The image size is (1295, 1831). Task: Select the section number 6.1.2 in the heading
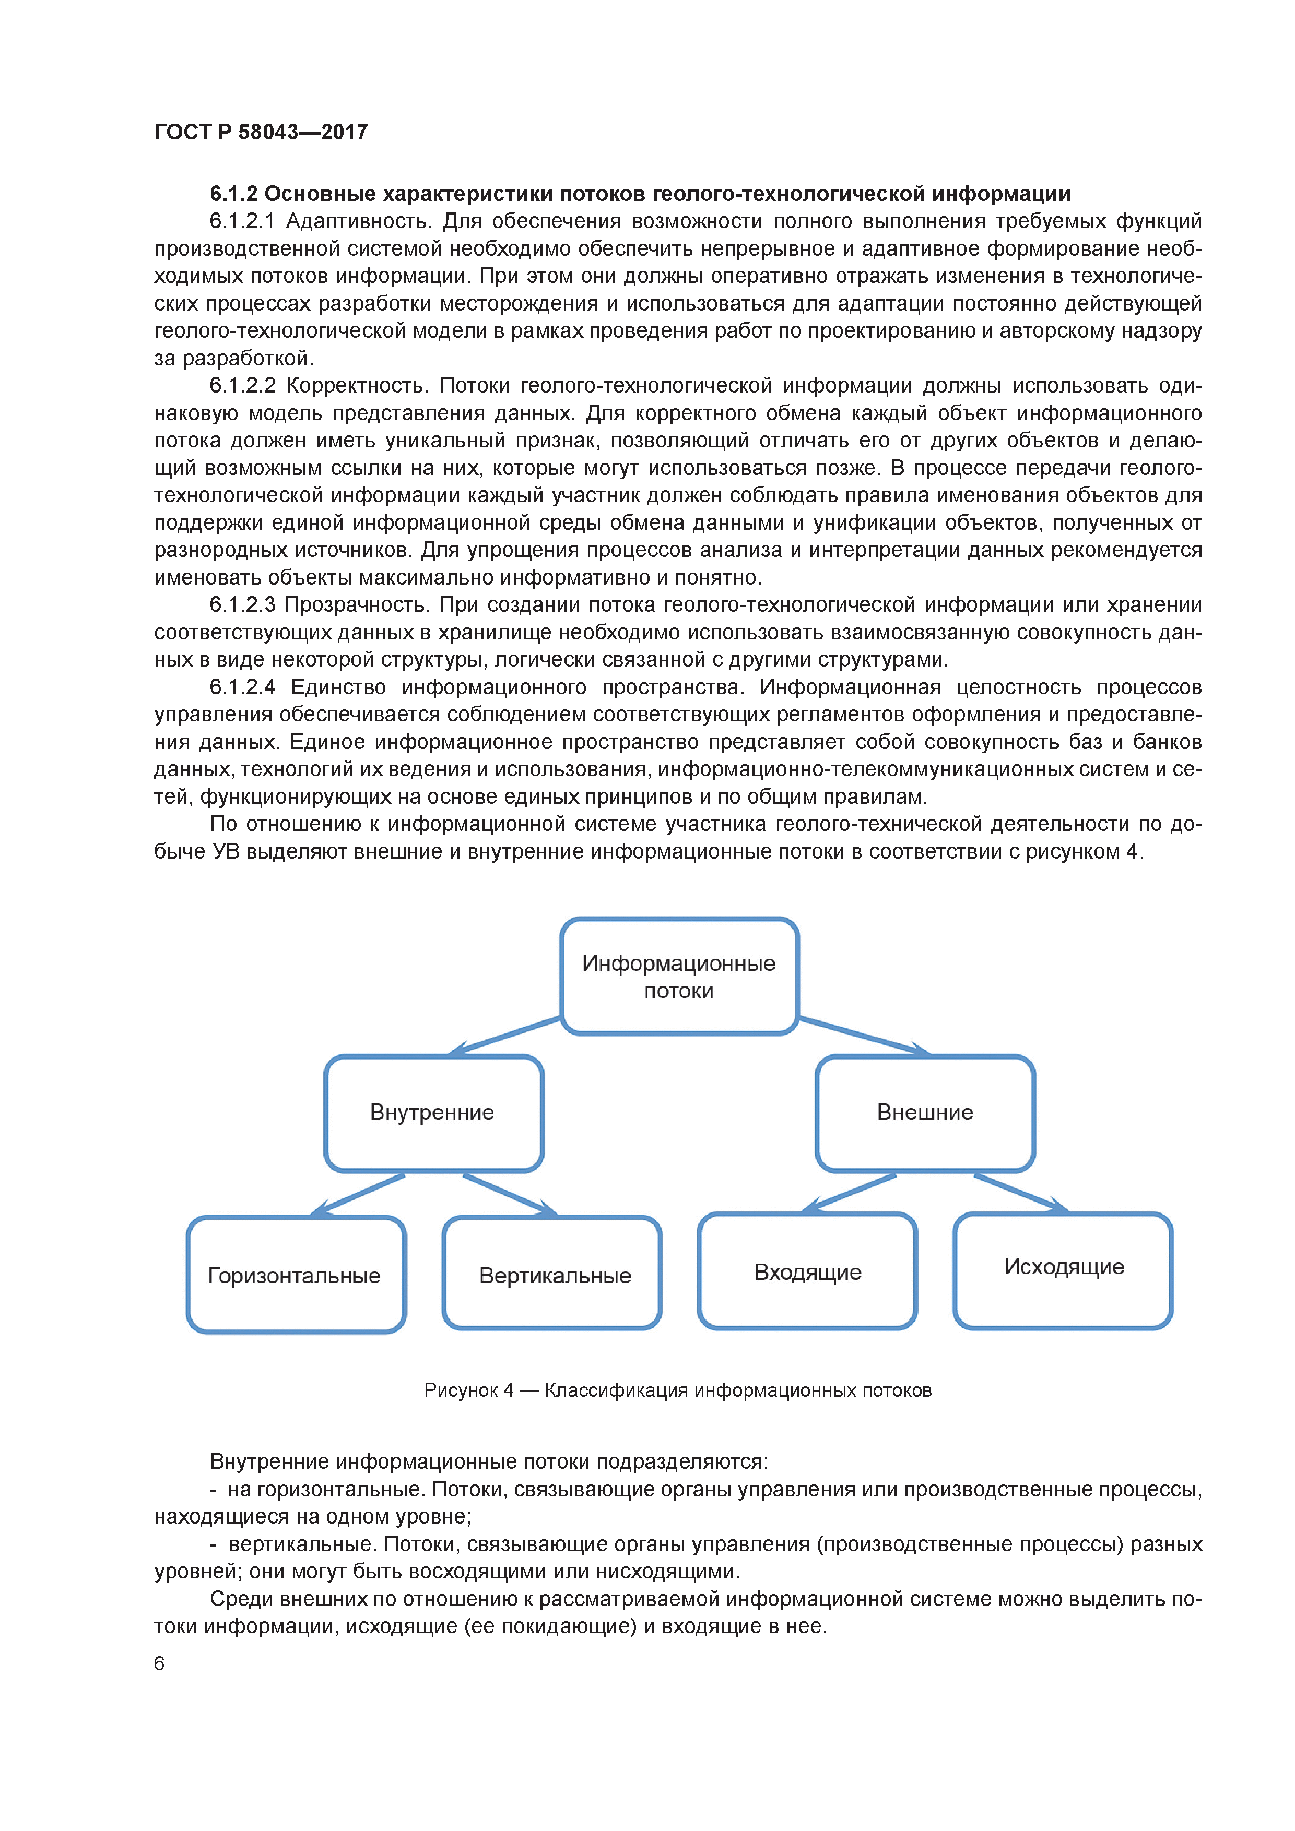234,194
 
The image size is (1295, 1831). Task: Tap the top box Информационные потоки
679,976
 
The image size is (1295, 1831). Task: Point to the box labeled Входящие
807,1272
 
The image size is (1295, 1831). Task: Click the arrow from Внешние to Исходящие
1020,1193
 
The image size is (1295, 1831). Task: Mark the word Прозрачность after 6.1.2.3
356,605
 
